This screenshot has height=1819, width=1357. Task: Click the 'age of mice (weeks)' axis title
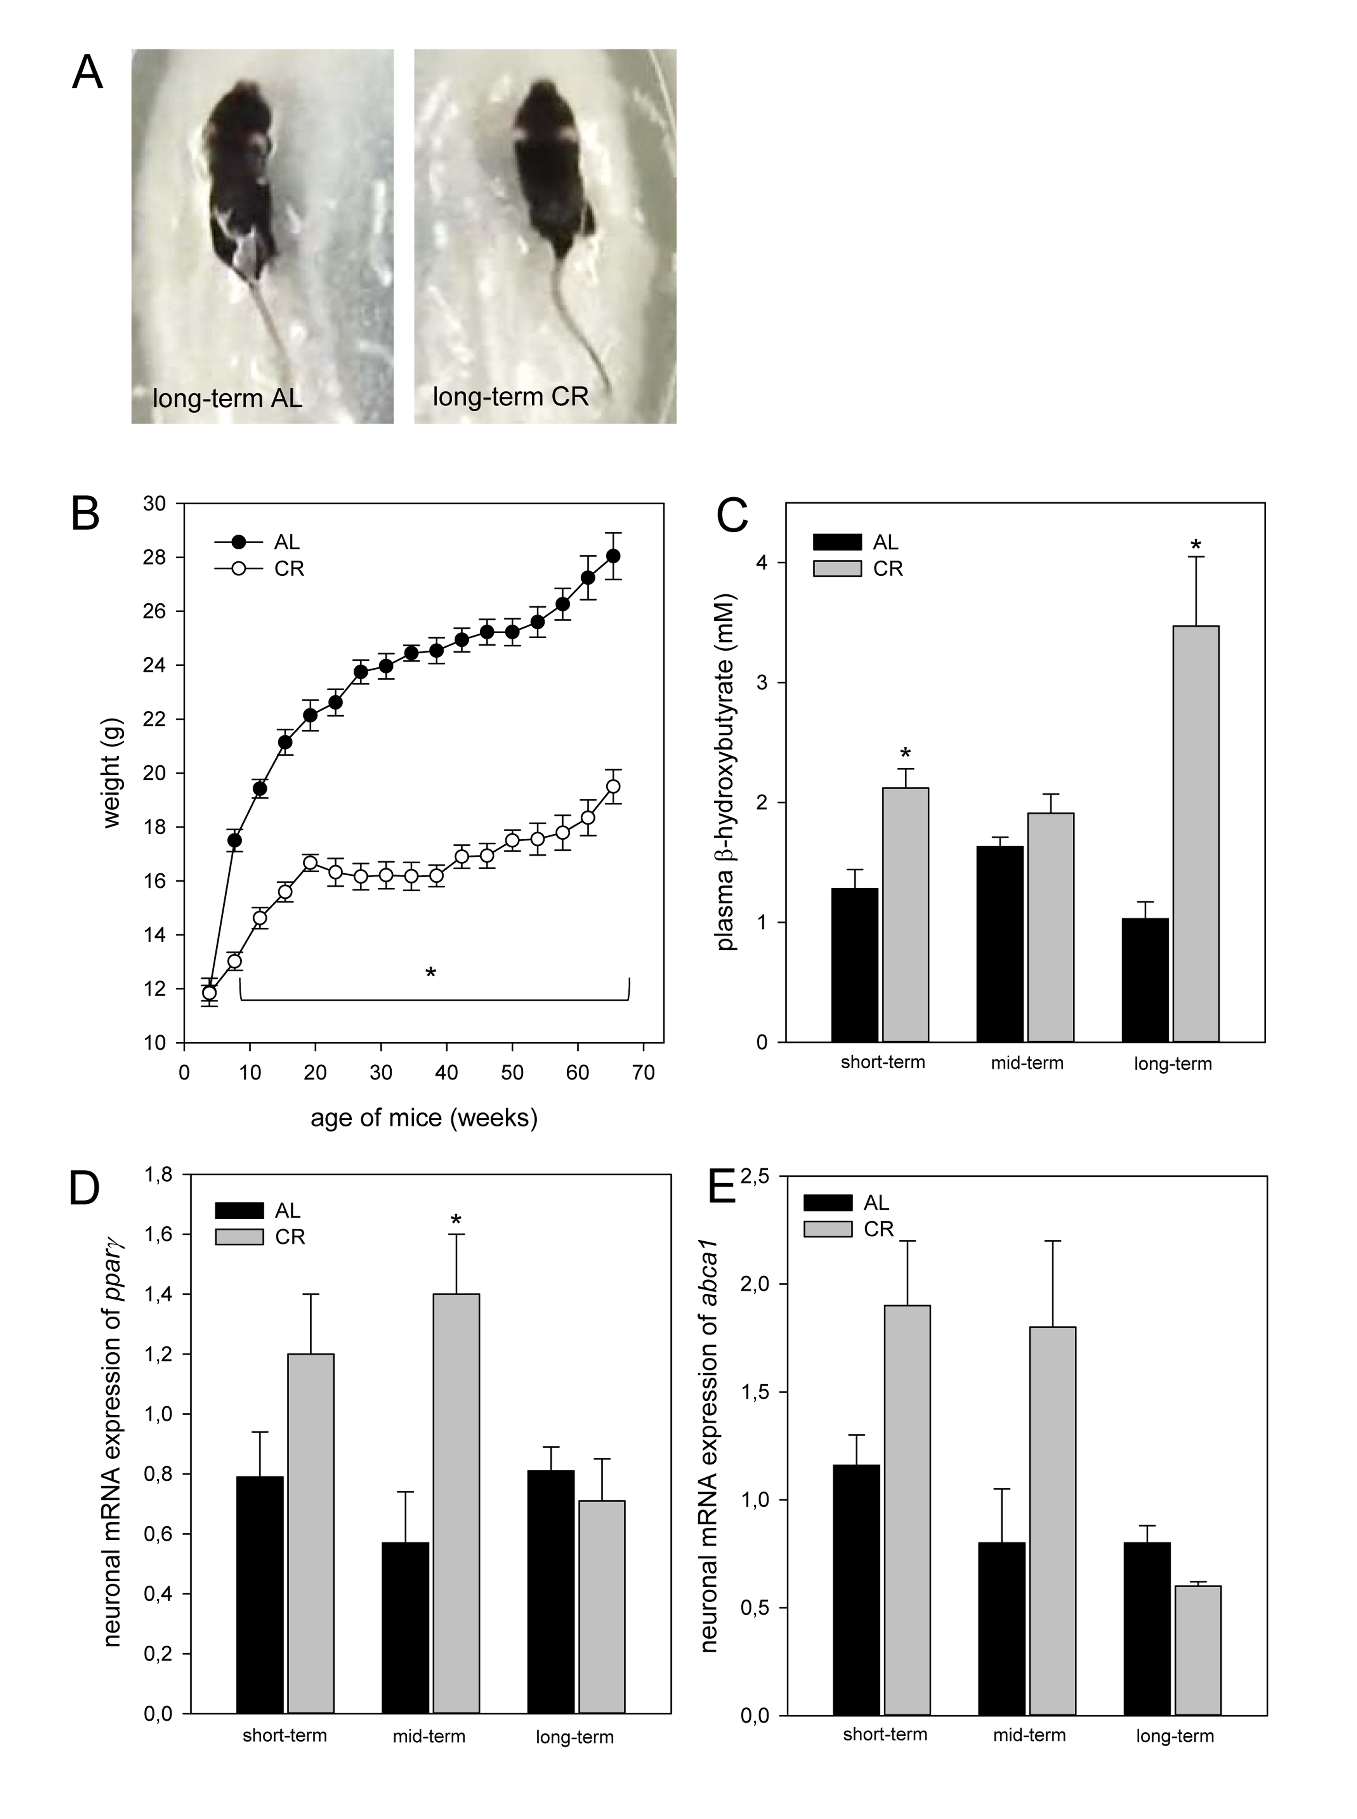coord(424,1118)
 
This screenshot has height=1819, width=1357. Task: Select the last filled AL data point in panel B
coord(613,556)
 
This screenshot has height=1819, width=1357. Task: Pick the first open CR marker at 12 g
coord(209,993)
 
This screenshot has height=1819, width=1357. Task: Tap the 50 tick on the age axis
coord(513,1072)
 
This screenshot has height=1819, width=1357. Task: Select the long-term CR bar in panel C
coord(1195,833)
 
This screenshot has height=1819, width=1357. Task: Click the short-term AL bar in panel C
coord(854,965)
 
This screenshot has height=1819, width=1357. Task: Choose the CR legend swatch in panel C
coord(837,568)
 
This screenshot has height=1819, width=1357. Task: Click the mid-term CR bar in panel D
coord(456,1503)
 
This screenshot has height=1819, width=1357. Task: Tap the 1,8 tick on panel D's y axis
coord(159,1175)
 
